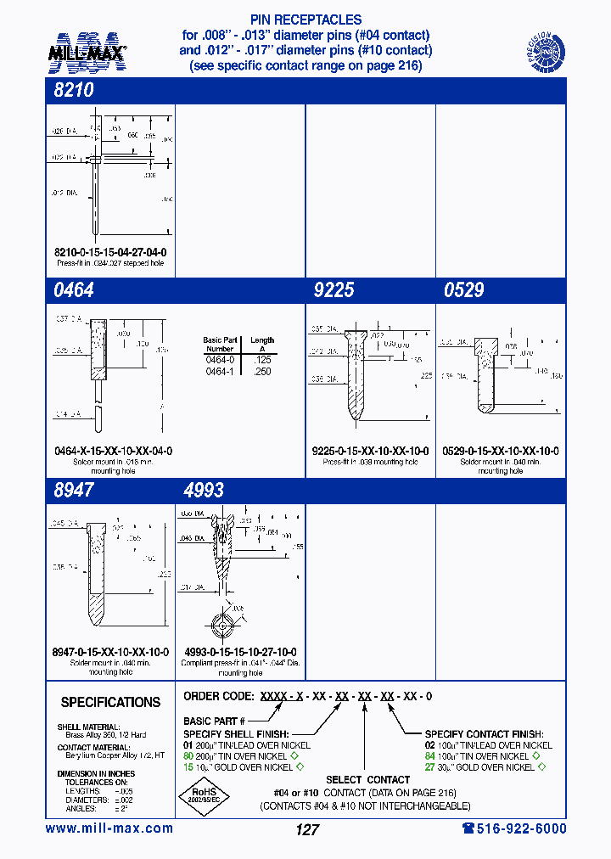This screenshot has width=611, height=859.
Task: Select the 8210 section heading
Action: pos(73,91)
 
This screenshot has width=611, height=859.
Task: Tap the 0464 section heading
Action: pos(73,290)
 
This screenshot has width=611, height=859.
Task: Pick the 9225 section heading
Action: pos(333,290)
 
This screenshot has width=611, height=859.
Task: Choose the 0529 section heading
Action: pos(463,290)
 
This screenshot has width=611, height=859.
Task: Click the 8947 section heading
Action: pos(73,490)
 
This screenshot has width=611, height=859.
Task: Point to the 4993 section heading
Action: pos(204,490)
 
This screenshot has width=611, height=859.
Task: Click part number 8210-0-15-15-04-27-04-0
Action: pos(110,253)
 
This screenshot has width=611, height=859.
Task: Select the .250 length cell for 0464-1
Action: pos(262,372)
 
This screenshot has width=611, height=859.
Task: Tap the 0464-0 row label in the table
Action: pos(219,360)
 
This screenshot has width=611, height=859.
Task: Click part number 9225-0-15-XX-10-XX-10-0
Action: pos(370,452)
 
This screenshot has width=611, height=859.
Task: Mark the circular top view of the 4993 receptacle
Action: pos(224,627)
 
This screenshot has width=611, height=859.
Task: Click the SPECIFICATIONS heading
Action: pos(110,703)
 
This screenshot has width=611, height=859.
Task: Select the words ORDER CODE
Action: pos(218,696)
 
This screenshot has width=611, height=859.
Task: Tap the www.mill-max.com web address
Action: pos(109,828)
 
